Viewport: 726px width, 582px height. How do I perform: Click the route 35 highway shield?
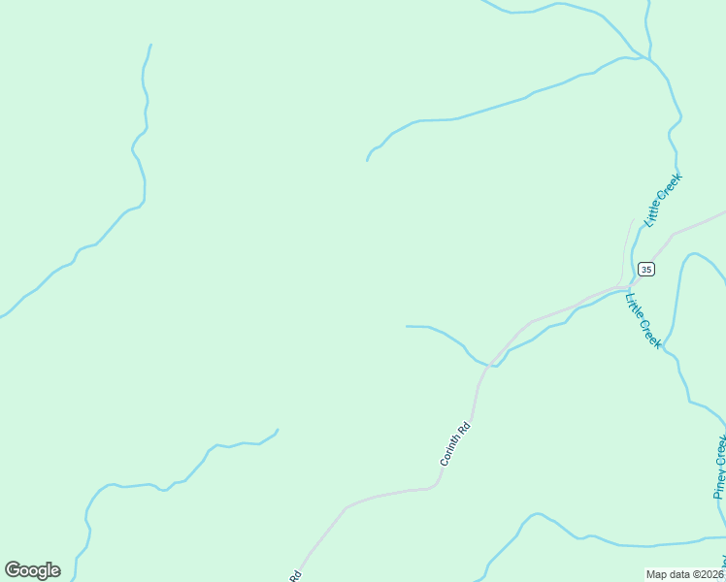tap(646, 269)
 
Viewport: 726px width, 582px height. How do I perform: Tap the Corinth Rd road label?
tap(455, 442)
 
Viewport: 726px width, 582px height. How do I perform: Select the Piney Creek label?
tap(720, 466)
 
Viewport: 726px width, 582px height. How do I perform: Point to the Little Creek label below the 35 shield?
tap(643, 321)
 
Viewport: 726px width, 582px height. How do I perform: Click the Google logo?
tap(32, 570)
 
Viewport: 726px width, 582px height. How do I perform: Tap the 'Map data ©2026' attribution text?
tap(685, 574)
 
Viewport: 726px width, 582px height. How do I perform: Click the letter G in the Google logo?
tap(13, 570)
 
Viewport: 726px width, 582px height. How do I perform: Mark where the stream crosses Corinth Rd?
tap(491, 365)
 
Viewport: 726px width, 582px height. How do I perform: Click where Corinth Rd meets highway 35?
tap(621, 287)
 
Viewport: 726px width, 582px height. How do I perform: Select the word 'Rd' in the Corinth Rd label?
tap(465, 426)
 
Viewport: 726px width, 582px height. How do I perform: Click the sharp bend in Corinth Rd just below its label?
tap(436, 482)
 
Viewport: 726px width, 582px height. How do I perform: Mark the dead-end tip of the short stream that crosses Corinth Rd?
tap(407, 326)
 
